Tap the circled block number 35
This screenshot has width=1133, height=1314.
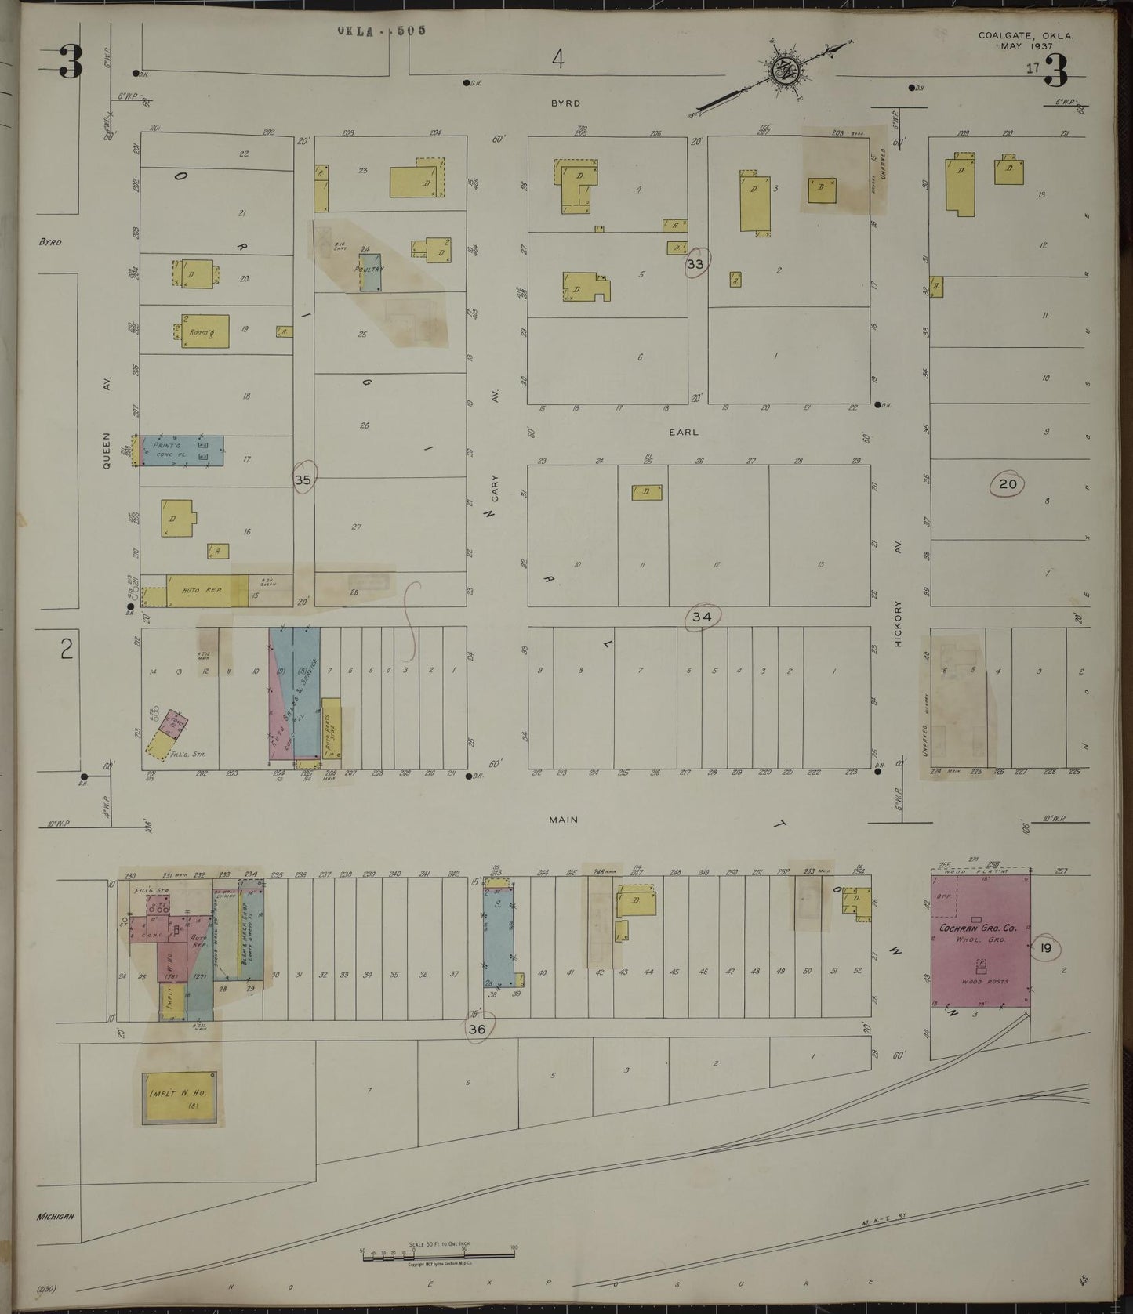(x=303, y=480)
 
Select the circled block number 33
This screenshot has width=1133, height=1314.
(x=695, y=264)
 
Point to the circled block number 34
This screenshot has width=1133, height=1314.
(x=702, y=617)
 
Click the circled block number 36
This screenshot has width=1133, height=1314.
(x=477, y=1030)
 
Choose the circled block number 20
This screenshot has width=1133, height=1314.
(x=1008, y=484)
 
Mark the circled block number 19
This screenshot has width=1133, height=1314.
(x=1045, y=949)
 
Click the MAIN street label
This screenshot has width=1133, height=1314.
(x=563, y=820)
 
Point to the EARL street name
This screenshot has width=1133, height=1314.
(x=683, y=432)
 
